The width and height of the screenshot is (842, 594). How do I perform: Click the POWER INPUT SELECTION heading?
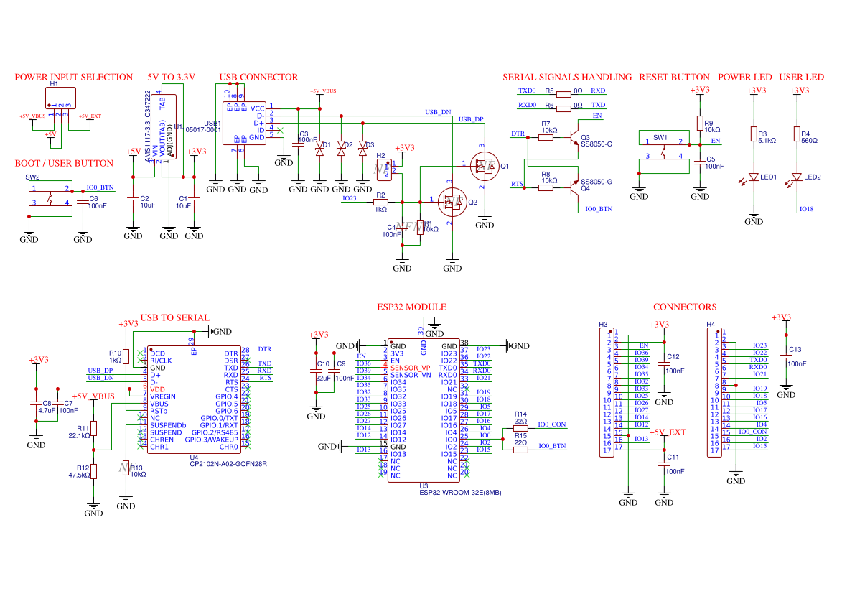pos(74,77)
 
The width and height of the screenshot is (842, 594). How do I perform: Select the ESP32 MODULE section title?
pos(411,307)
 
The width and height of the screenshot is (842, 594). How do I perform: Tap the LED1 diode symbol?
pos(754,177)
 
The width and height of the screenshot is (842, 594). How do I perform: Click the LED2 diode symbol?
pos(796,177)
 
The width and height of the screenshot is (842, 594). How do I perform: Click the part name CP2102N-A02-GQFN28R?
pos(228,464)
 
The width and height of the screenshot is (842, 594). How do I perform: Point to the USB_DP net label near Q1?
pos(471,119)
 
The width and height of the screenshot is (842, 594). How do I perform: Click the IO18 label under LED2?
pos(807,209)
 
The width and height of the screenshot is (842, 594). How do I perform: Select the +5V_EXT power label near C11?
pos(668,432)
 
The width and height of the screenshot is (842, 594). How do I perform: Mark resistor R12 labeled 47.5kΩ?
pos(93,471)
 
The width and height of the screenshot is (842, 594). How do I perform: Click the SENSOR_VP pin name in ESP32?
pos(410,367)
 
